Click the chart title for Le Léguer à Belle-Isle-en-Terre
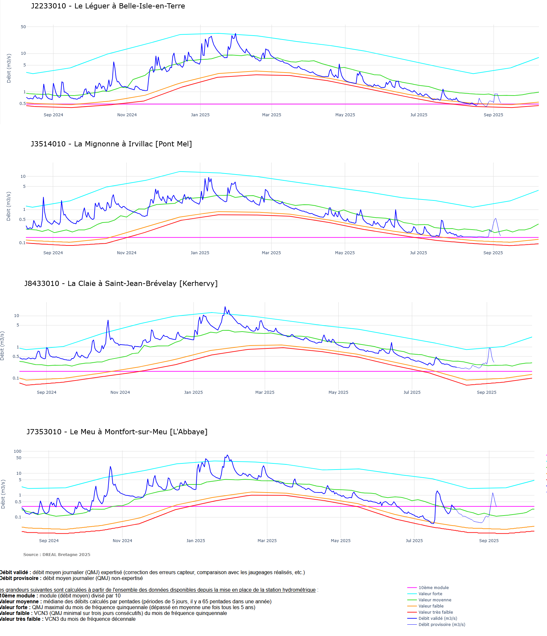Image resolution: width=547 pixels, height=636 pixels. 108,6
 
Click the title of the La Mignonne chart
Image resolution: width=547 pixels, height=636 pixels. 111,144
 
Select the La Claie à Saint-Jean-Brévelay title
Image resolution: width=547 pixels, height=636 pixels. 121,284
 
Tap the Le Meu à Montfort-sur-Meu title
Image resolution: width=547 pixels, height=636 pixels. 117,432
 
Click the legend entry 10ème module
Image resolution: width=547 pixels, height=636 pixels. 433,588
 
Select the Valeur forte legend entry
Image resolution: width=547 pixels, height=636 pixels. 430,594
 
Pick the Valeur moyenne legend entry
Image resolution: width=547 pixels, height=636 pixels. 435,600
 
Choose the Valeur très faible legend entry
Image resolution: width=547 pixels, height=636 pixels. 436,612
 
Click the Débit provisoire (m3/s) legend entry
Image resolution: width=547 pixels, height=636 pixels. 442,625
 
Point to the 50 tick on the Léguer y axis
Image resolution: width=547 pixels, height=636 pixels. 23,27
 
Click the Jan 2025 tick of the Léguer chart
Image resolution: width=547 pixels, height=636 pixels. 200,115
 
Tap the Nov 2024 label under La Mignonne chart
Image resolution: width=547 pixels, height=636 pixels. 127,253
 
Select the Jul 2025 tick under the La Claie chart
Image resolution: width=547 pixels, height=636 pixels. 412,392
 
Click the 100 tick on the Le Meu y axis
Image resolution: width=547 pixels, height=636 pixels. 17,451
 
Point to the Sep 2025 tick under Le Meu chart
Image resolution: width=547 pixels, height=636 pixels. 489,541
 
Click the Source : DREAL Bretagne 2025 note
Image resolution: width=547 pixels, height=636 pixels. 57,555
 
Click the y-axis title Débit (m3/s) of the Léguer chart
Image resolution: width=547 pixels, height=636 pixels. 9,68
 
